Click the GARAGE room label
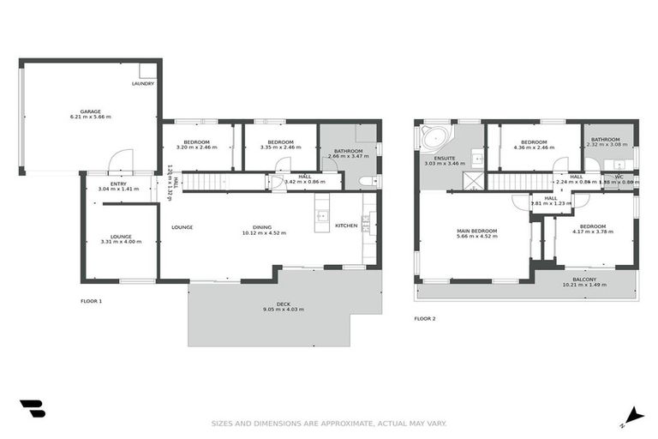tap(91, 111)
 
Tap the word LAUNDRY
tap(143, 83)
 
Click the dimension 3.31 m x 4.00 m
tap(121, 242)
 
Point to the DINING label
tap(261, 227)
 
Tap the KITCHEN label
tap(345, 226)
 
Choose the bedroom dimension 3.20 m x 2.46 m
tap(197, 147)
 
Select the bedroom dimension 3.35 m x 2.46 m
tap(280, 147)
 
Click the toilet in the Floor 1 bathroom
tap(366, 182)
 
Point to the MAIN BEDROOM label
tap(476, 231)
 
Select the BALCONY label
tap(583, 279)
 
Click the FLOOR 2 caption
tap(425, 319)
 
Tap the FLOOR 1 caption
tap(91, 301)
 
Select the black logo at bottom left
tap(32, 409)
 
